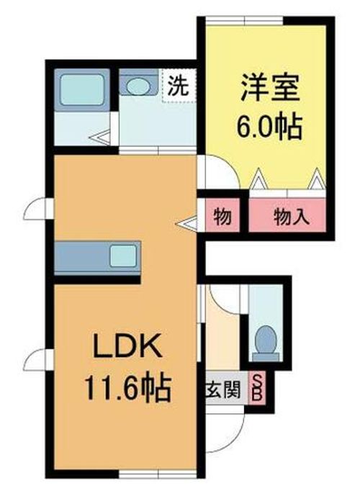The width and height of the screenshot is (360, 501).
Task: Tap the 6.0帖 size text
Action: [269, 127]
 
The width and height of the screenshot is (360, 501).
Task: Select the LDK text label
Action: [127, 346]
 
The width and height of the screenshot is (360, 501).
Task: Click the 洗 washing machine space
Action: [178, 86]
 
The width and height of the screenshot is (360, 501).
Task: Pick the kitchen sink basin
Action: [123, 256]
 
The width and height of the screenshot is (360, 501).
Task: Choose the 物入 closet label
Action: [292, 217]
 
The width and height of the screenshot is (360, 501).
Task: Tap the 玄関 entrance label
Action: [222, 389]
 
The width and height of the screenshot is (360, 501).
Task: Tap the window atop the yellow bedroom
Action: [244, 21]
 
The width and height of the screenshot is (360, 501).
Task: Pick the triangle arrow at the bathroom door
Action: [99, 138]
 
